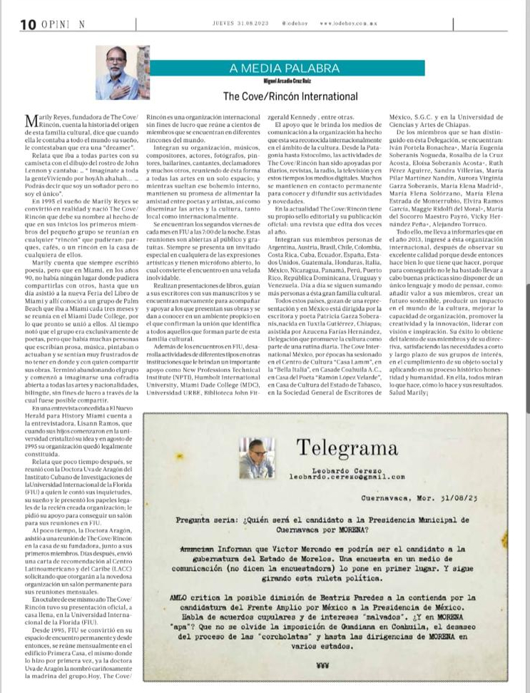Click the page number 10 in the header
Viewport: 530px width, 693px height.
29,24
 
